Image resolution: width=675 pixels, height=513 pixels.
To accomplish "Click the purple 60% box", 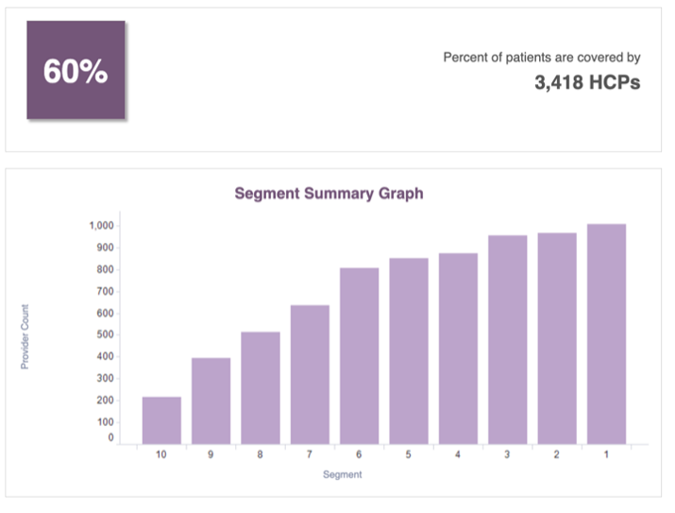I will [x=76, y=71].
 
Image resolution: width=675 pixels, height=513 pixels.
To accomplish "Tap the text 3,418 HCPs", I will [x=586, y=82].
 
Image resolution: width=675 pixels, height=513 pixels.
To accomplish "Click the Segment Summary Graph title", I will [x=329, y=193].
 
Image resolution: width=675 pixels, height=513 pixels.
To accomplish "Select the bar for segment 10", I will [x=161, y=419].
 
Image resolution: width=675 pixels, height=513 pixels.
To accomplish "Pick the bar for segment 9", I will [x=211, y=401].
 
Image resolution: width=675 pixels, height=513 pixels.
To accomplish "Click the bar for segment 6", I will [x=359, y=355].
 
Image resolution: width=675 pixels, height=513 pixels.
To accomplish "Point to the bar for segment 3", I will [x=507, y=339].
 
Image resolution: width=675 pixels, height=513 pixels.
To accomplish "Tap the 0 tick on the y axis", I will [x=110, y=438].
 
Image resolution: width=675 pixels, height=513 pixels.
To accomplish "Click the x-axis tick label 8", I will [x=261, y=455].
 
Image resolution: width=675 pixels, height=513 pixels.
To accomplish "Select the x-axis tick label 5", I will [x=409, y=455].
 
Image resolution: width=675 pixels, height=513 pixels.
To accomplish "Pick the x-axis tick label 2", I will [x=557, y=455].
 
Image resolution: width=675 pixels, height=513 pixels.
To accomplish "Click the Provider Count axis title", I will [x=25, y=336].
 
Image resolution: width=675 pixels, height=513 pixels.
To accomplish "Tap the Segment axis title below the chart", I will [x=342, y=474].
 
